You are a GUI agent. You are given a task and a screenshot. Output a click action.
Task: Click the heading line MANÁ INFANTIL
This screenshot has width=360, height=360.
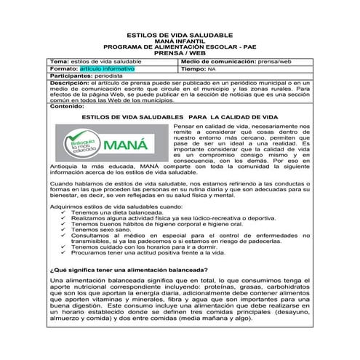click(180, 41)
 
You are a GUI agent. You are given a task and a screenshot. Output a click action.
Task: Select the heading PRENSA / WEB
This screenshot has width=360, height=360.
click(180, 53)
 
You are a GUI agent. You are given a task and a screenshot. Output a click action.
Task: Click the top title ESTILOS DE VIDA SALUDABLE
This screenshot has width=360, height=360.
click(180, 35)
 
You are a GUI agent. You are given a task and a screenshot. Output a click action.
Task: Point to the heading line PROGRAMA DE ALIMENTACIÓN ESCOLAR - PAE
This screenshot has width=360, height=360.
click(180, 47)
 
